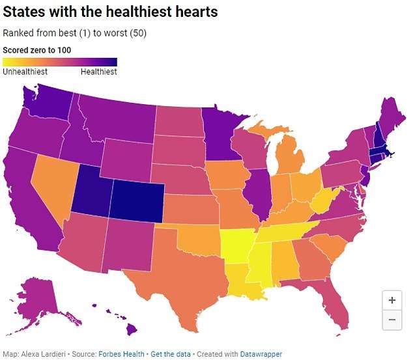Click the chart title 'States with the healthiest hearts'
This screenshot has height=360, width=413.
pos(110,12)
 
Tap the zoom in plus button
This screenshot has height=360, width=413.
pos(392,301)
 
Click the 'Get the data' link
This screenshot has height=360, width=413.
pos(171,354)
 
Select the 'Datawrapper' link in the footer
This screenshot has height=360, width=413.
pos(259,354)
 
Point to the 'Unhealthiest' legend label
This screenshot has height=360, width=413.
pos(25,72)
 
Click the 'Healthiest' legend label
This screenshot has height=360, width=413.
pos(98,72)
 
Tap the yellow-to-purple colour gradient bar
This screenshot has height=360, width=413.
pos(60,62)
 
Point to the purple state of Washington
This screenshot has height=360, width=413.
pos(46,101)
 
